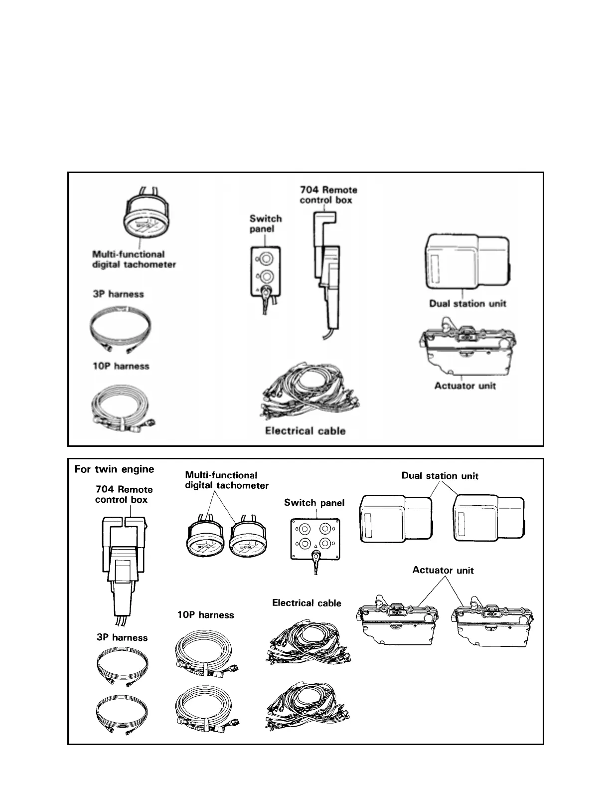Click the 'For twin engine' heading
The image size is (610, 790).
114,469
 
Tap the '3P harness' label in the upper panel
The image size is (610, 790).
118,294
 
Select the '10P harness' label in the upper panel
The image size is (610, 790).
121,366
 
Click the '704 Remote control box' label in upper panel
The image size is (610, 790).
328,195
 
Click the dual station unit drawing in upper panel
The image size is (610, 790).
467,263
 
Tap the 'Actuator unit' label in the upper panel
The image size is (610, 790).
465,386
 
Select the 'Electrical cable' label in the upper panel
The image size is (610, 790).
305,431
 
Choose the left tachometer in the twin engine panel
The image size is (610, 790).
205,541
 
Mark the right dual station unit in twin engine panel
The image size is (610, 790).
489,518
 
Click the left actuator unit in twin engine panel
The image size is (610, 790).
397,621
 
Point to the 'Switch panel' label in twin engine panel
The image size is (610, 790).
314,503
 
